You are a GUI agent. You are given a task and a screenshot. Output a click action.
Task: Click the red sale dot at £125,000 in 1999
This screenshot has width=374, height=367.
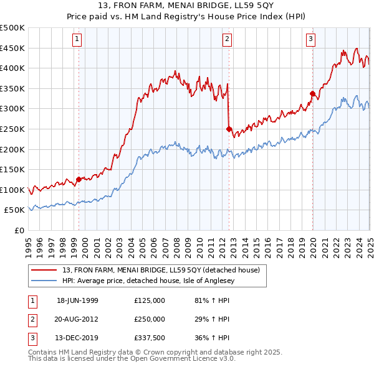(79, 179)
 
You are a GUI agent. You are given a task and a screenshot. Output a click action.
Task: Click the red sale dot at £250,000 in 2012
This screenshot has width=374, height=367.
(229, 129)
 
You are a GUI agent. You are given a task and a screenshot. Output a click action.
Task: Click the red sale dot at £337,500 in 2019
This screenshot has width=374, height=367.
(312, 93)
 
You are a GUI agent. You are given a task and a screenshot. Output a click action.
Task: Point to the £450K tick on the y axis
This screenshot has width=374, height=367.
(12, 48)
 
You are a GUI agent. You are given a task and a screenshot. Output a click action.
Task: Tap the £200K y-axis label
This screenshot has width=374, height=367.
(12, 149)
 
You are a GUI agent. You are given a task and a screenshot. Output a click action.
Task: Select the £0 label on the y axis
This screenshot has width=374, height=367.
(19, 230)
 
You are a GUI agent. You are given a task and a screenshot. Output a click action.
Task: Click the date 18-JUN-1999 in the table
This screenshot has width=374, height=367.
(77, 300)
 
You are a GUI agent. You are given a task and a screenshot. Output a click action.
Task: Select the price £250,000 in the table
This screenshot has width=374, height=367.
(150, 319)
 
